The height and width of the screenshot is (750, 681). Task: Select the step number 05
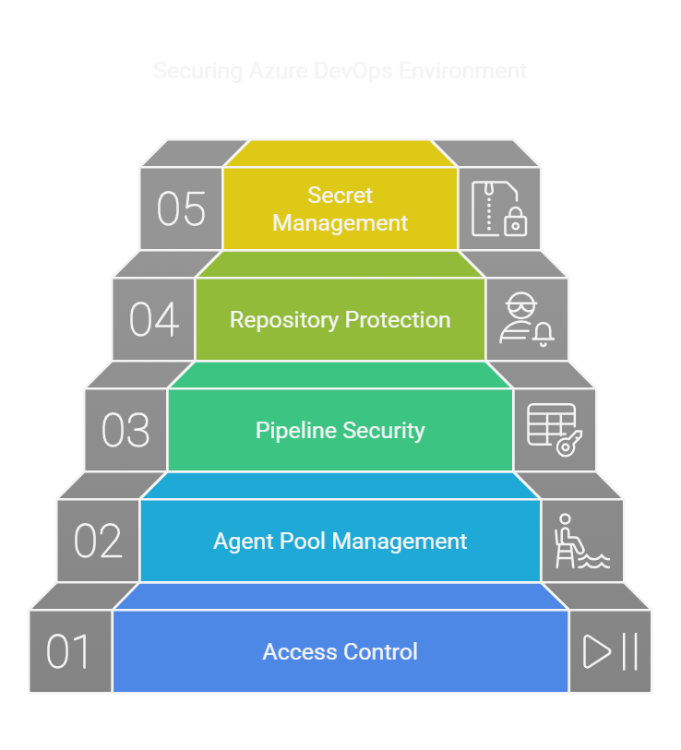coord(181,209)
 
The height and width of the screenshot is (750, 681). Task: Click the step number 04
coord(153,320)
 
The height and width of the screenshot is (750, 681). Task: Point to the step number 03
coord(125,431)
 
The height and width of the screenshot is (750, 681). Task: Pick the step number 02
coord(98,542)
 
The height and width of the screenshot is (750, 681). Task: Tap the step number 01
coord(70,652)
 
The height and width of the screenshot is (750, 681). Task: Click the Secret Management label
coord(340,209)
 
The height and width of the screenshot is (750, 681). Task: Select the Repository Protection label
coord(340,320)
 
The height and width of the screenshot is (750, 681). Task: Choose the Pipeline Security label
coord(340,431)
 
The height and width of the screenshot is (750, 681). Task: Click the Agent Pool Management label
coord(340,542)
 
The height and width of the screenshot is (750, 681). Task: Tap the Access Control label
coord(340,652)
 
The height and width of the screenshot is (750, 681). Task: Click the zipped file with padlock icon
coord(499,208)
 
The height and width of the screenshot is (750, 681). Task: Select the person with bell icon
coord(527,320)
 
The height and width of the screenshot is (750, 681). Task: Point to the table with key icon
coord(555,430)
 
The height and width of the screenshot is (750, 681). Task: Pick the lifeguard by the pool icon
coord(581,542)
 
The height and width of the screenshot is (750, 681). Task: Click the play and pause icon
coord(610,652)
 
